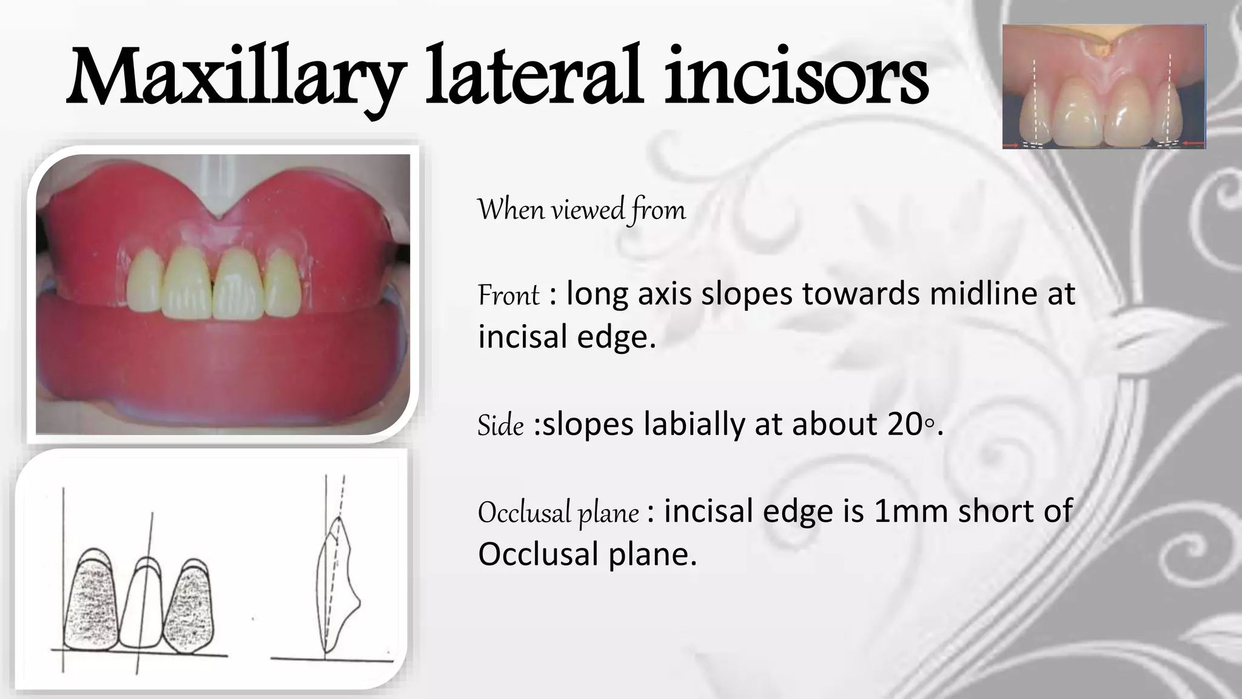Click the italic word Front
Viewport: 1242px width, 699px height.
click(508, 295)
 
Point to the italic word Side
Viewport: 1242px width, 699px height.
click(500, 425)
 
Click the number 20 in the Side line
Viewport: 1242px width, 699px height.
click(905, 424)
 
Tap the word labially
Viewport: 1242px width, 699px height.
click(694, 424)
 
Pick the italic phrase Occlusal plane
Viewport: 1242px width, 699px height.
click(558, 513)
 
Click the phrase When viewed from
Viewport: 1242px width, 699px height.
click(582, 210)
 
